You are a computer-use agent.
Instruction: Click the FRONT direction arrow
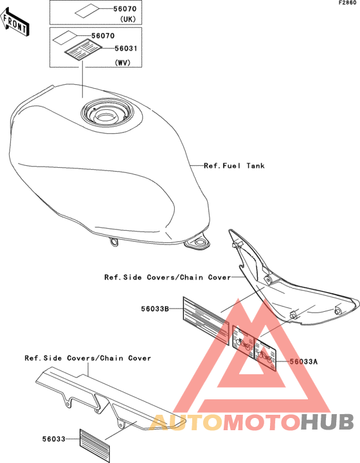pos(14,22)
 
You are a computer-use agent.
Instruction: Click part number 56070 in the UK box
pos(125,9)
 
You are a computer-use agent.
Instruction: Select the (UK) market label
pos(128,19)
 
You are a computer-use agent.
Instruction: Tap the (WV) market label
pos(122,62)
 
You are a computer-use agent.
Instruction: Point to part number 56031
pos(126,48)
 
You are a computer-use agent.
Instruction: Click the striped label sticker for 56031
pos(84,50)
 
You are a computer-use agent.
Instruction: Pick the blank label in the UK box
pos(87,12)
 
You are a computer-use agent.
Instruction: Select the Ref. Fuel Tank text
pos(234,166)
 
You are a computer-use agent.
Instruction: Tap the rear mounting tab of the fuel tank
pos(197,243)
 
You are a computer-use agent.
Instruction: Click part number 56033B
pos(155,309)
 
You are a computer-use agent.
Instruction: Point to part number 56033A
pos(303,361)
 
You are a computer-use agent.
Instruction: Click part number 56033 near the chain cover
pos(54,439)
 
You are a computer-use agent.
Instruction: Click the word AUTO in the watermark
pos(186,422)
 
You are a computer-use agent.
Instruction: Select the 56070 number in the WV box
pos(103,36)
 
